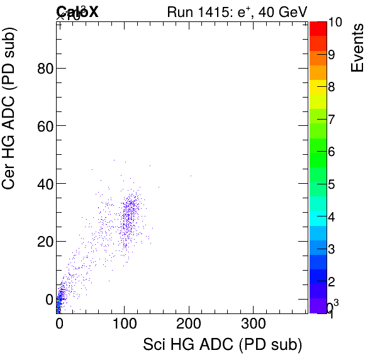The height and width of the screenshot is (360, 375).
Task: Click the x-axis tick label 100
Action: click(124, 324)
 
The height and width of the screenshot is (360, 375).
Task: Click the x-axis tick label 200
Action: click(189, 324)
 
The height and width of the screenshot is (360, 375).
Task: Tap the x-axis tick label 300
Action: click(254, 324)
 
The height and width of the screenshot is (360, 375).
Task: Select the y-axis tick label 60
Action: click(43, 126)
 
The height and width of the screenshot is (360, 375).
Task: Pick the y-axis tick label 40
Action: click(43, 183)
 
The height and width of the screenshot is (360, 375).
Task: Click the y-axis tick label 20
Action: click(43, 241)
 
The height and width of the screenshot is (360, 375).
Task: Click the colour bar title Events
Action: click(358, 47)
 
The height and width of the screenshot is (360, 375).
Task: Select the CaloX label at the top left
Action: click(77, 11)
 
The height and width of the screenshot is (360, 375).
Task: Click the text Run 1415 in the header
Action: click(198, 11)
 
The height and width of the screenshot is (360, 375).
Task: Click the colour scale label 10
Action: click(335, 23)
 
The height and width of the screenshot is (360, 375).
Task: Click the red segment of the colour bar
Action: click(318, 28)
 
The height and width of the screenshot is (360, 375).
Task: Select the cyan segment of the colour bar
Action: click(318, 217)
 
